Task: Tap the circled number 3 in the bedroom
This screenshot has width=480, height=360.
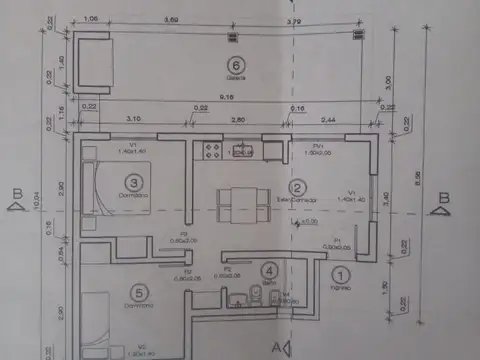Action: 134,182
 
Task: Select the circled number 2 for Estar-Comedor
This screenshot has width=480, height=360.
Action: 297,188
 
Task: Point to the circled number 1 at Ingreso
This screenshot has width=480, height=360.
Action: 339,273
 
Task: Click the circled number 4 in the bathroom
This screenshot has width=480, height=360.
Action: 268,269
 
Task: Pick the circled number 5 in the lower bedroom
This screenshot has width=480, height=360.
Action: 140,292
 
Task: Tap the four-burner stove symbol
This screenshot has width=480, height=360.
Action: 212,151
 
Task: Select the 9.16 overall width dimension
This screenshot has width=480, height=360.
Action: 229,98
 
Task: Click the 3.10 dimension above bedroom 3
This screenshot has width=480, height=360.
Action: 134,120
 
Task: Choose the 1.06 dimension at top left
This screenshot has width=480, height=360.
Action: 91,19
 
